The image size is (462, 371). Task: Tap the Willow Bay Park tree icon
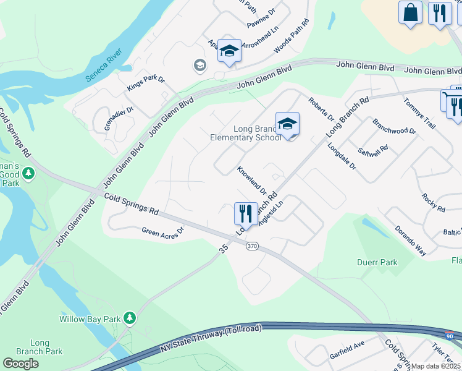pyautogui.click(x=129, y=317)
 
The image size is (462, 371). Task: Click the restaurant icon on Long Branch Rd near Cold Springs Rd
pyautogui.click(x=246, y=213)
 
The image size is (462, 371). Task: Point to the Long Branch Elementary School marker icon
pyautogui.click(x=287, y=124)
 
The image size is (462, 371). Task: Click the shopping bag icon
pyautogui.click(x=410, y=12)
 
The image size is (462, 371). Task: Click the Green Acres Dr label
pyautogui.click(x=163, y=232)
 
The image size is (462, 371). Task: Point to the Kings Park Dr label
pyautogui.click(x=146, y=80)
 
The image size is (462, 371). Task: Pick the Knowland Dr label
pyautogui.click(x=251, y=179)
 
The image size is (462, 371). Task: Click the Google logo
pyautogui.click(x=20, y=364)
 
